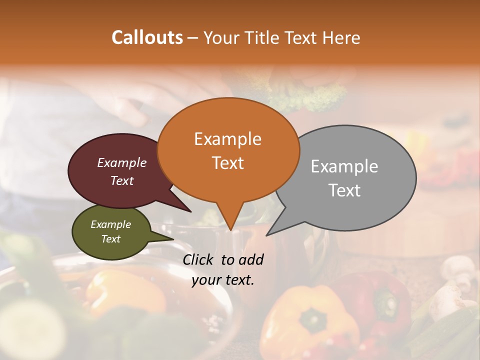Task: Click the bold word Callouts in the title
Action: click(147, 37)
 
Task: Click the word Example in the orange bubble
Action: click(227, 139)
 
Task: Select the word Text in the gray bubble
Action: click(344, 190)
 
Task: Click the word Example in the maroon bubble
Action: click(121, 162)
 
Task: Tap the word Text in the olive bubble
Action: click(111, 239)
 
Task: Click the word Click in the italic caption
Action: click(199, 259)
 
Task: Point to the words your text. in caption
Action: click(223, 280)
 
